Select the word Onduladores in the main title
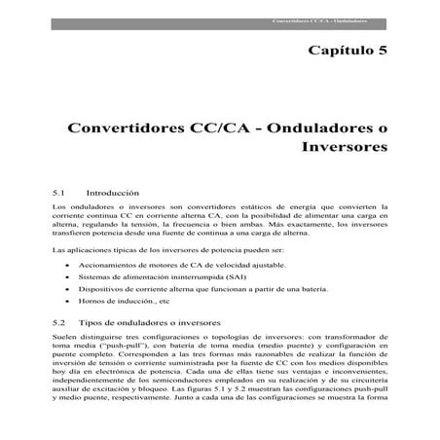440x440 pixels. pos(318,128)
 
